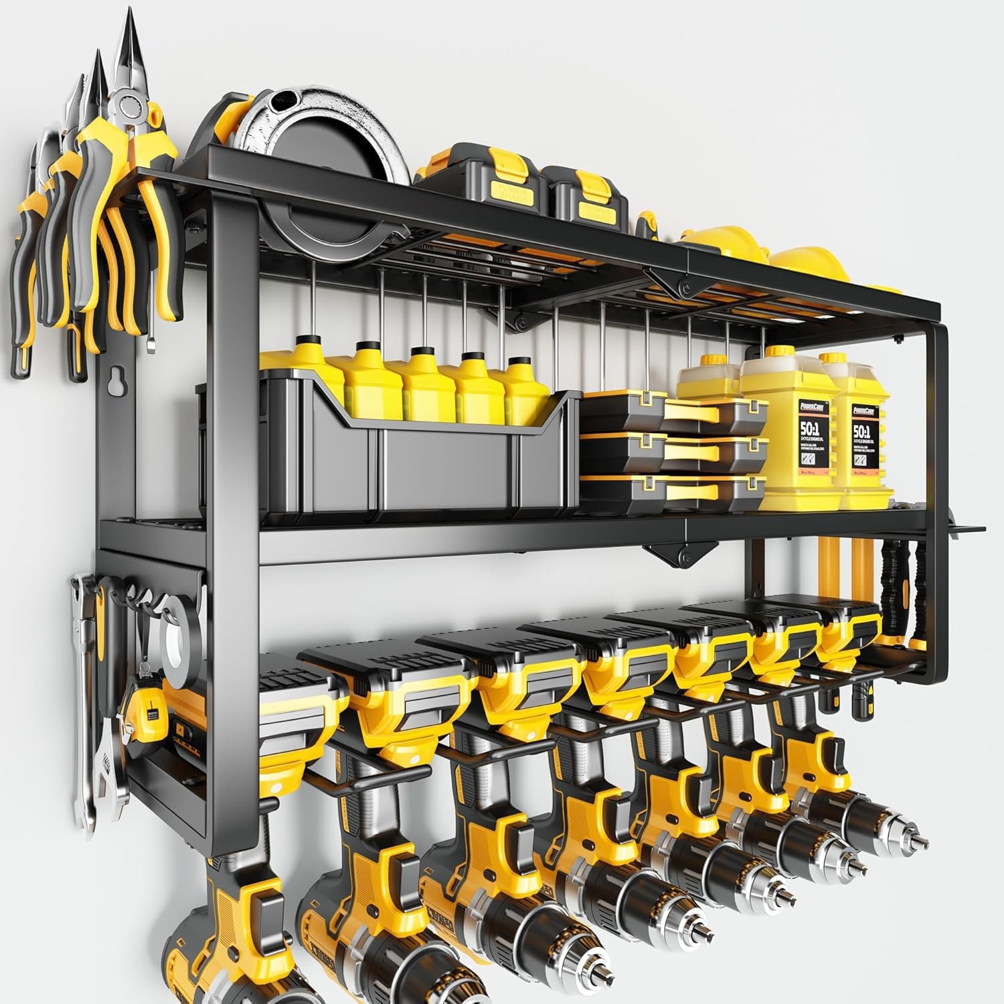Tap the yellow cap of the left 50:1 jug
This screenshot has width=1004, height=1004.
click(774, 353)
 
